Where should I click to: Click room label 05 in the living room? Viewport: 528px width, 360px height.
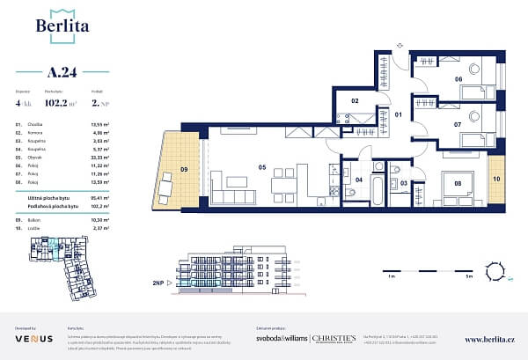[x=261, y=166]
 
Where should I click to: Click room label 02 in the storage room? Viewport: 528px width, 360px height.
[x=355, y=102]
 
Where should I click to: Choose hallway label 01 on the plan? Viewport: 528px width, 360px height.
[x=397, y=114]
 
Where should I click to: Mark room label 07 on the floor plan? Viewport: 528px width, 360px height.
[x=458, y=125]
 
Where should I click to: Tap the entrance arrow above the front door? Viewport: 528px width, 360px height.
[x=398, y=42]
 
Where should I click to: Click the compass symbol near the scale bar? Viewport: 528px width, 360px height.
[x=505, y=276]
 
